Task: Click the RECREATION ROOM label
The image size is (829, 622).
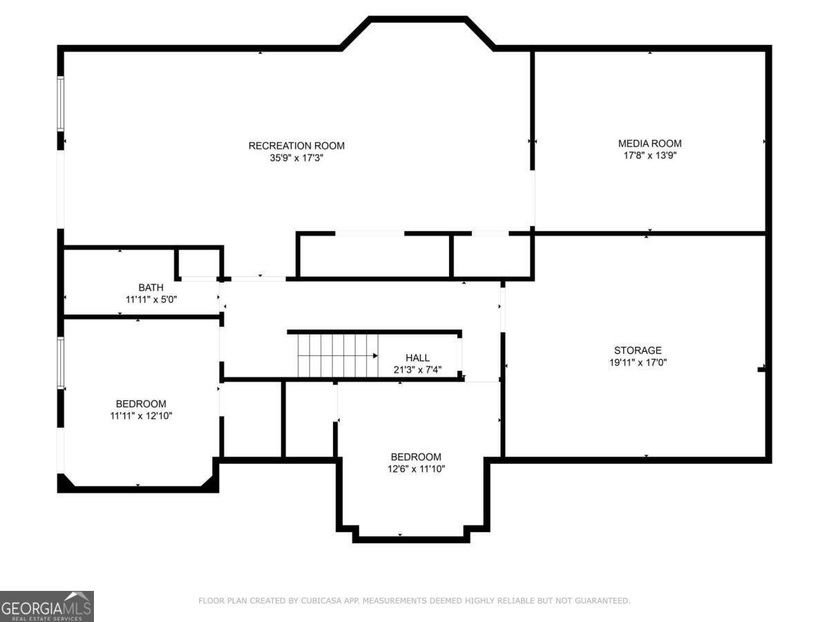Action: coord(296,146)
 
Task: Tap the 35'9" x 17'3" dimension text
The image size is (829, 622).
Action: coord(296,158)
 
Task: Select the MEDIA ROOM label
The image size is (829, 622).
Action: coord(649,144)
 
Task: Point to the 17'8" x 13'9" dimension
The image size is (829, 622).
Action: coord(649,155)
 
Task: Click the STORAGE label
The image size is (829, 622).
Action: coord(638,350)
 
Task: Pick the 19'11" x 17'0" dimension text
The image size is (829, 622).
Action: coord(638,363)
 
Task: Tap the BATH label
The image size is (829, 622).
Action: coord(151,288)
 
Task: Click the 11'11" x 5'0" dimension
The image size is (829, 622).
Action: coord(151,300)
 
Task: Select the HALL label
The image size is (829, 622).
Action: coord(417,357)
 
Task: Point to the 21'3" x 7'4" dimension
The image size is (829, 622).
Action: coord(417,370)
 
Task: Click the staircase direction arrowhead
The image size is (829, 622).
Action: coord(375,356)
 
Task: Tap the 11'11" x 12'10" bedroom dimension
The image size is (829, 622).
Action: coord(141,416)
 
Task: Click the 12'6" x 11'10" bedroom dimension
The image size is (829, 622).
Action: coord(416,469)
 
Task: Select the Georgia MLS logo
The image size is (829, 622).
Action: coord(47,606)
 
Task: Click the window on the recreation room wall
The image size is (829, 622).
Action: coord(60,104)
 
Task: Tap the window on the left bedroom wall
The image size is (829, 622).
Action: coord(60,363)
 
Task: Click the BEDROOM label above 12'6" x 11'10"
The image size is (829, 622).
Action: coord(416,457)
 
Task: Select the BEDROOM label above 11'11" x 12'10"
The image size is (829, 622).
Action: coord(141,404)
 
